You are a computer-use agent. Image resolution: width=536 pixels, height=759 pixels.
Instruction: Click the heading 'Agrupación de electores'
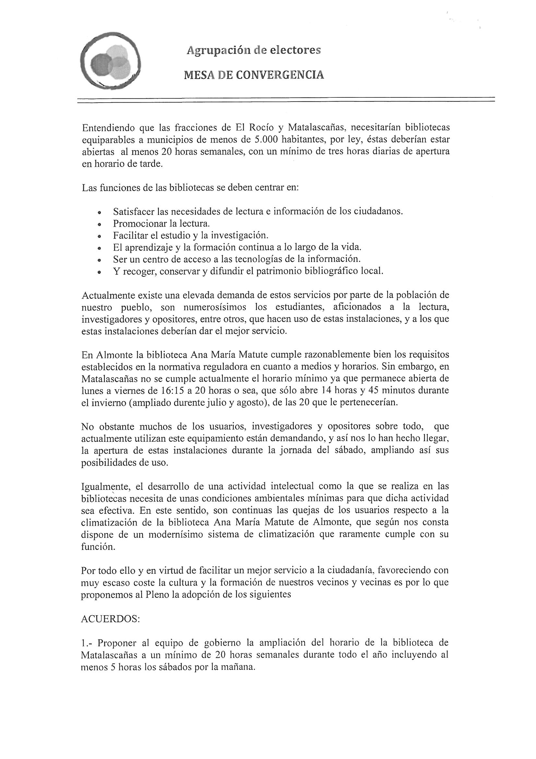coord(253,50)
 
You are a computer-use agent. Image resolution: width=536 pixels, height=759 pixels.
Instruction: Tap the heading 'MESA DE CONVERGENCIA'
coord(254,75)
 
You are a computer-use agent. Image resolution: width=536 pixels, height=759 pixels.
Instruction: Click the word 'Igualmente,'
coord(107,487)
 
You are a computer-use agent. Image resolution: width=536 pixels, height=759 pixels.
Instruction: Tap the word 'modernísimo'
coord(175,535)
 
